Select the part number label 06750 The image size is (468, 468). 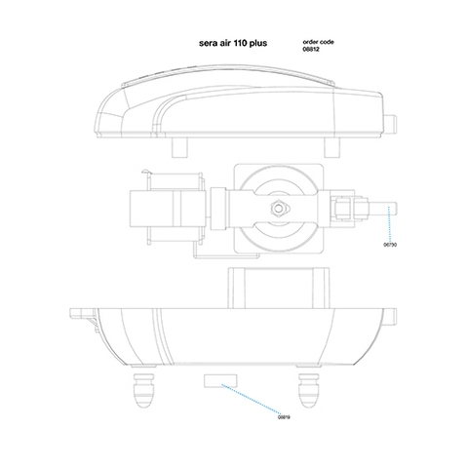click(391, 248)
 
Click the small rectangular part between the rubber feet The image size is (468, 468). click(216, 379)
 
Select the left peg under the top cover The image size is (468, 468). click(179, 143)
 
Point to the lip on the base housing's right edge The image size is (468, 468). click(393, 316)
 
